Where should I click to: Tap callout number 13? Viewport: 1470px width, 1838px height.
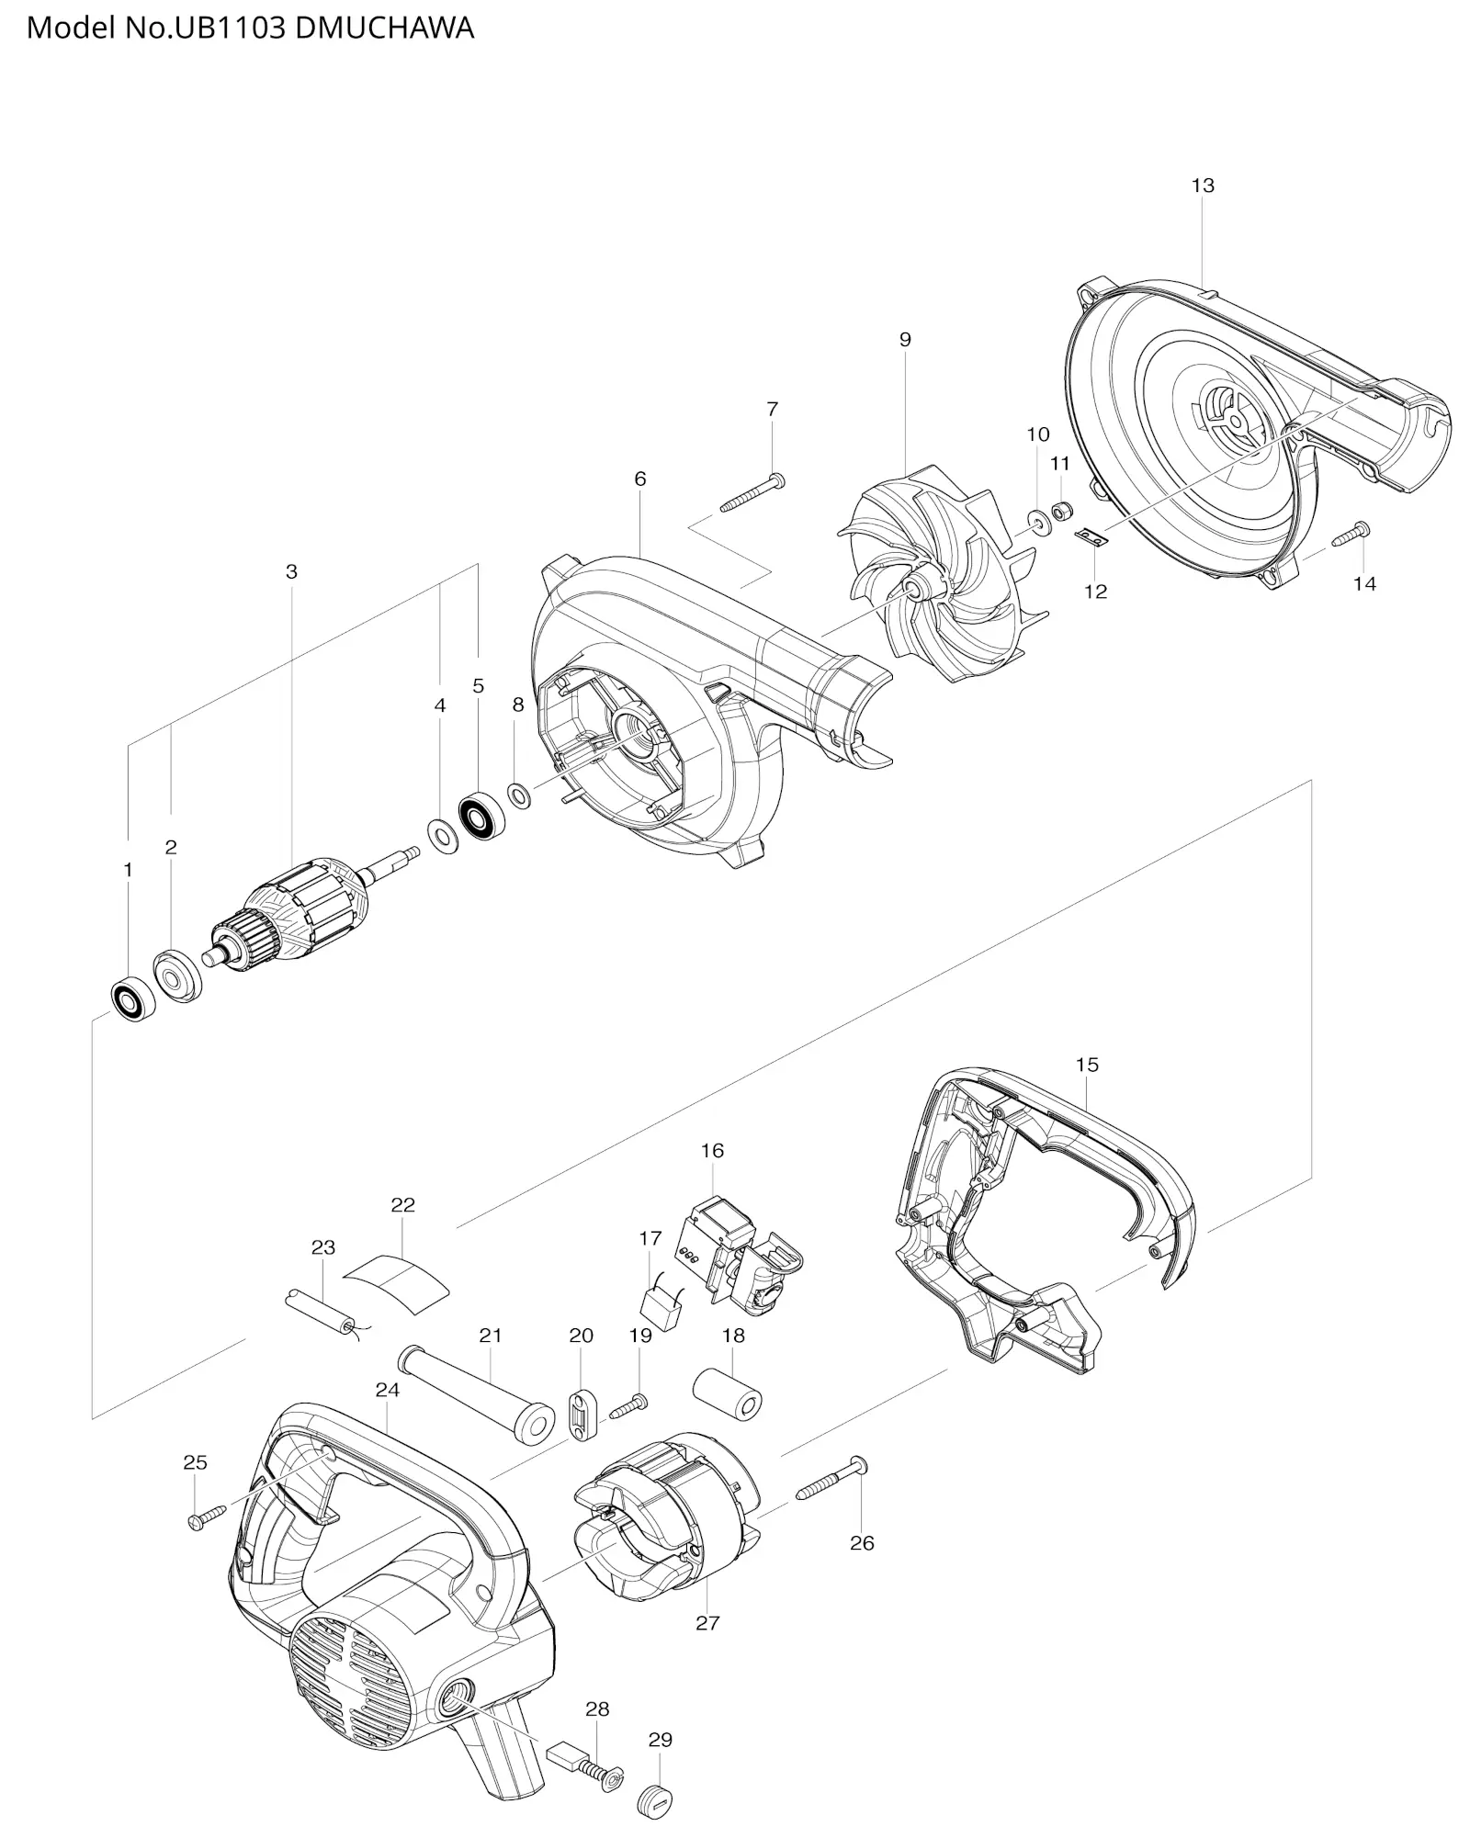pos(1203,186)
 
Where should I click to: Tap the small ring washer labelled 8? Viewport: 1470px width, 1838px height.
pos(518,795)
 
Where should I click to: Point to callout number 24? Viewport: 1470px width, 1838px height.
pos(388,1390)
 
